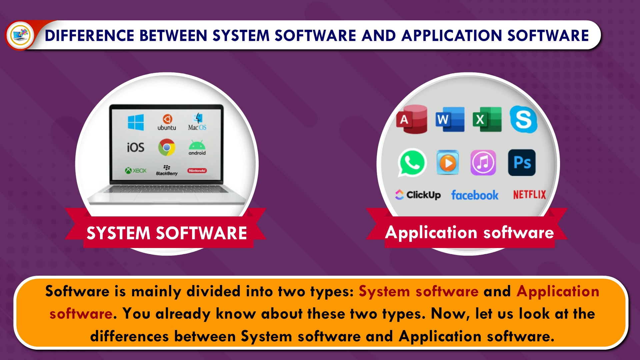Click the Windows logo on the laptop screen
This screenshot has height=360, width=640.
coord(136,122)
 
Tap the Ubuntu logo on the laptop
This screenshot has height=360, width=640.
coord(167,122)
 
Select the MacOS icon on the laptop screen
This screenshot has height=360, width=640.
coord(197,122)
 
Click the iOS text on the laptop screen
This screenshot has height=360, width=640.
coord(135,147)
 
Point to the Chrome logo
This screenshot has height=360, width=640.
coord(167,147)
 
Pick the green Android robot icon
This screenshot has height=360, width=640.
coord(197,148)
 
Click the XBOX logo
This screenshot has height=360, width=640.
coord(136,171)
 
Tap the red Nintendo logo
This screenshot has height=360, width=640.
coord(197,171)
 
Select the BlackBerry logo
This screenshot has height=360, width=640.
coord(167,170)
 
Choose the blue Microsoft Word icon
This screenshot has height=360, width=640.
coord(450,119)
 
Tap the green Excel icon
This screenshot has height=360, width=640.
coord(487,119)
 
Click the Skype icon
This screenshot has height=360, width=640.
coord(523,119)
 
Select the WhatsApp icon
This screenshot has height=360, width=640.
coord(412,163)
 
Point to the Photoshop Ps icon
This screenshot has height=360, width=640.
coord(522,163)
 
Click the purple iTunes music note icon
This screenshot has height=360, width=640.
coord(483,163)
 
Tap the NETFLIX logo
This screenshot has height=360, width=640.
coord(529,195)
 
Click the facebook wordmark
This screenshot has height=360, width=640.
coord(475,195)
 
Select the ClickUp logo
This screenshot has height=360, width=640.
coord(418,195)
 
